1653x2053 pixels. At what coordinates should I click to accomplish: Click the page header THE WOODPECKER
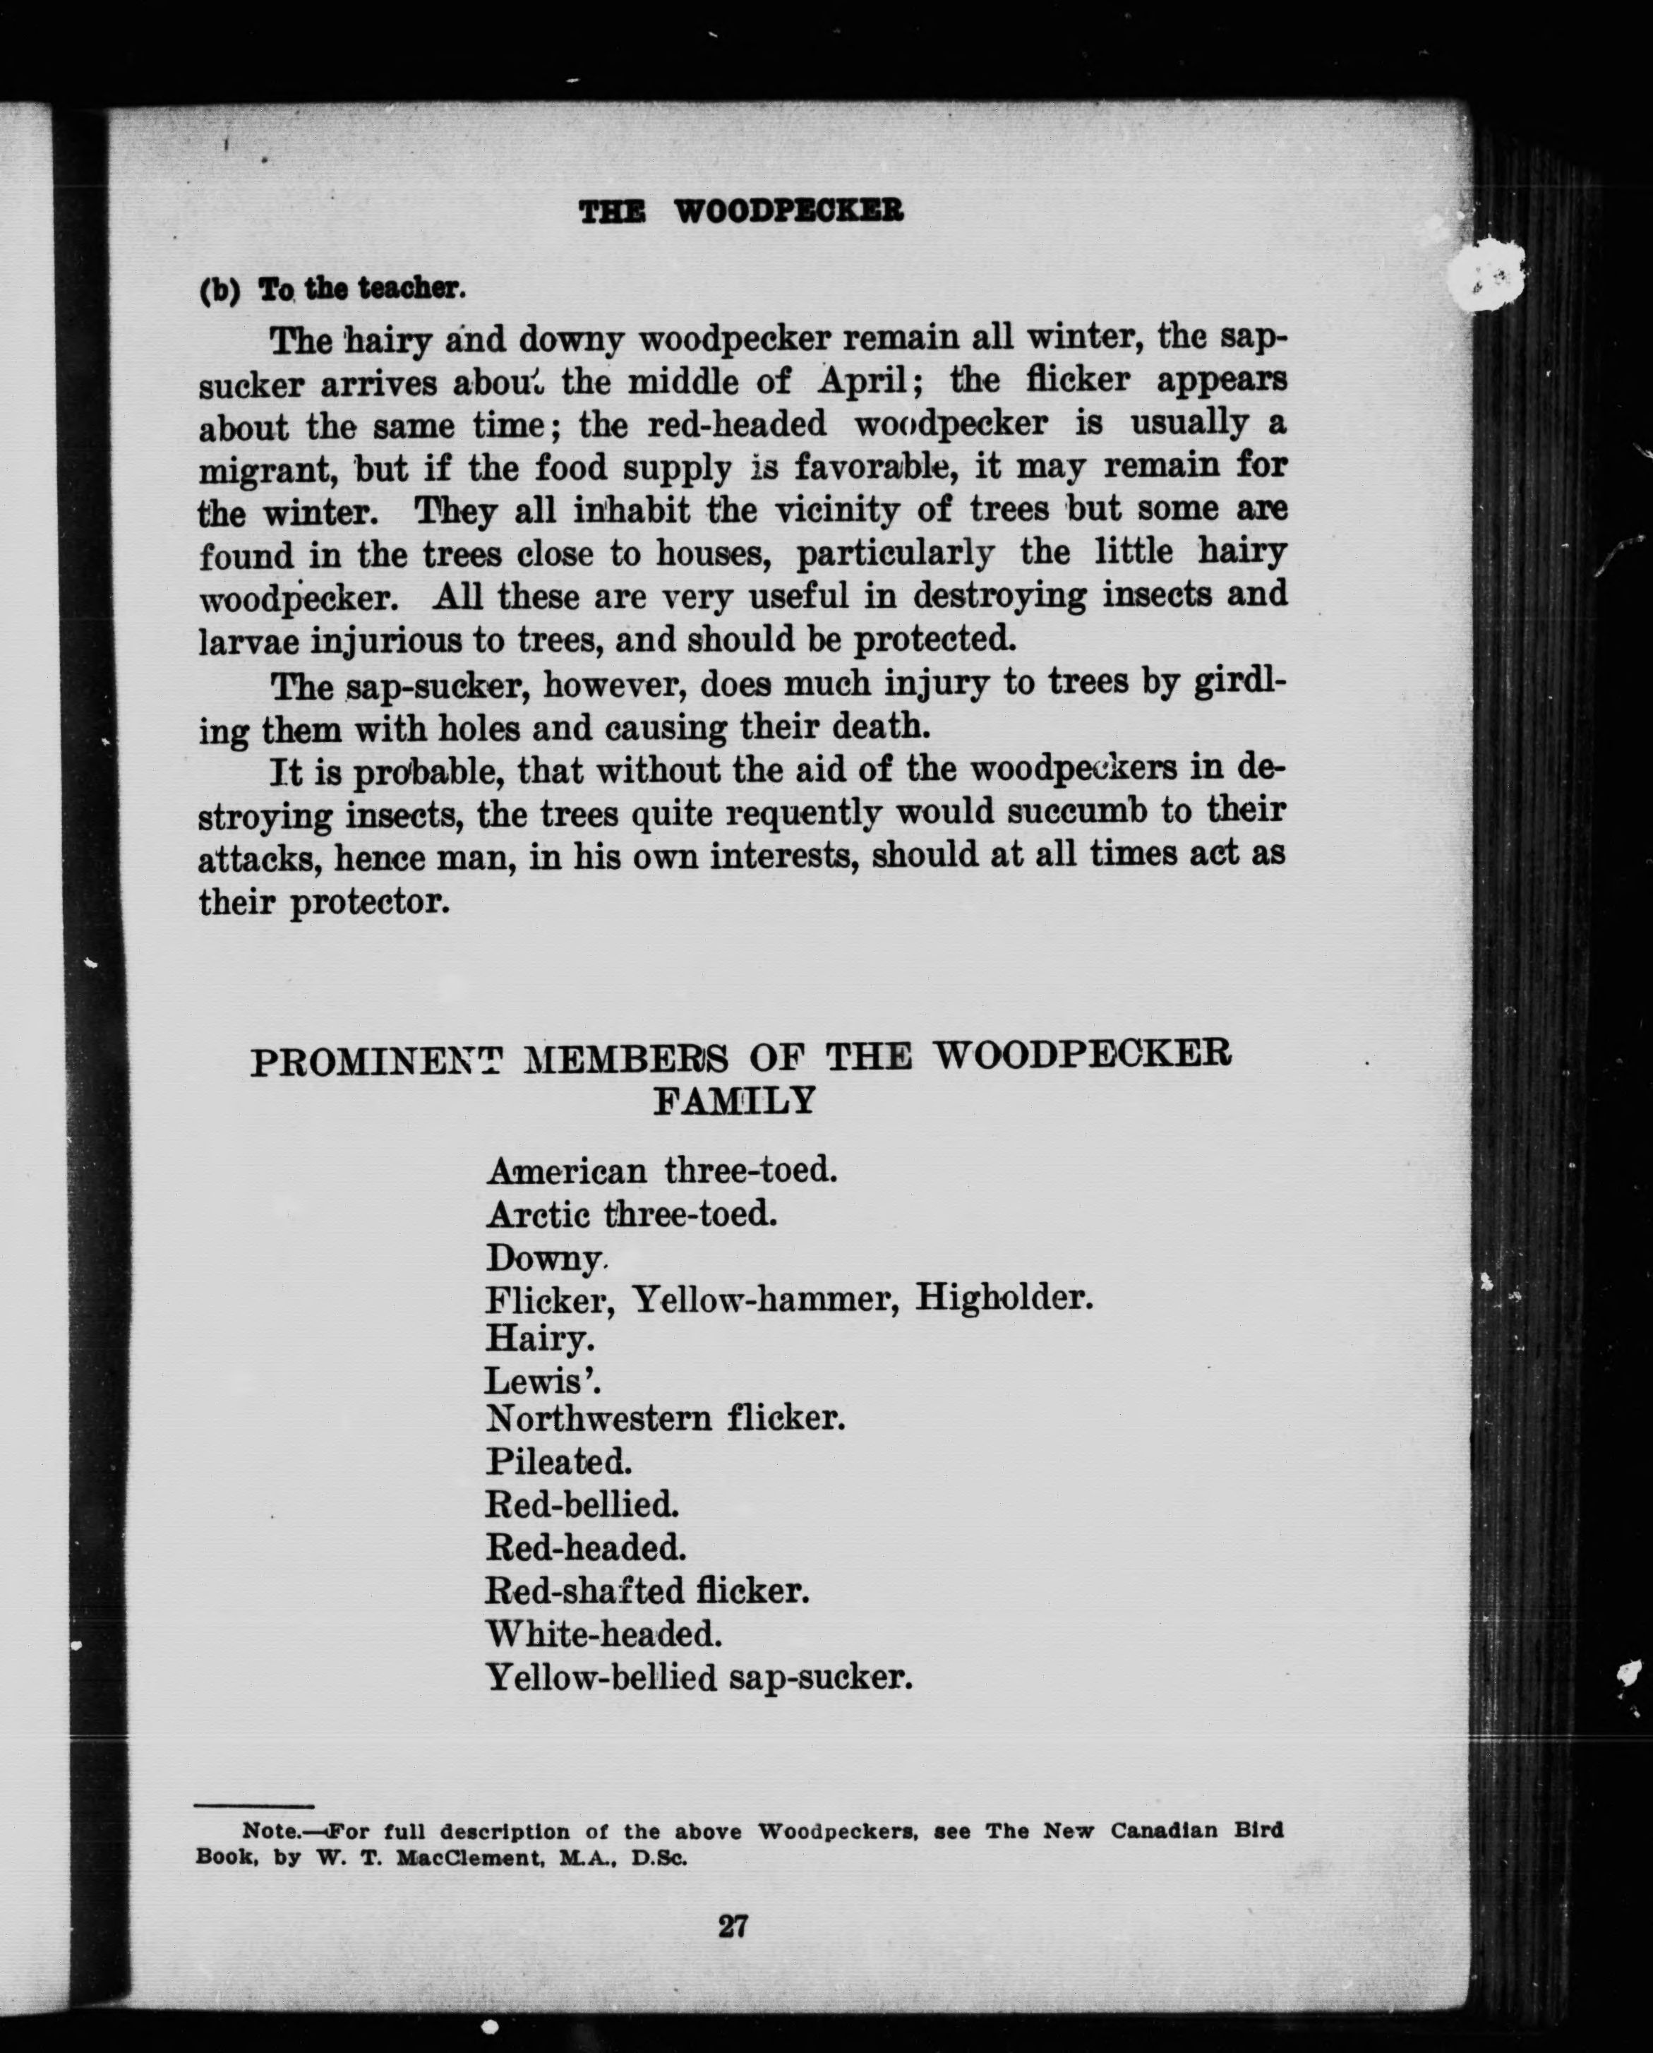point(741,210)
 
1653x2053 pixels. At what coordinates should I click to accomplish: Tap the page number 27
point(732,1927)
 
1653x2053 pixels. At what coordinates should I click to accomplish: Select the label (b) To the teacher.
point(331,289)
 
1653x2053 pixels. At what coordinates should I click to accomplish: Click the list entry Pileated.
point(559,1461)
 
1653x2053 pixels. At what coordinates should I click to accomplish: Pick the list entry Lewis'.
point(543,1379)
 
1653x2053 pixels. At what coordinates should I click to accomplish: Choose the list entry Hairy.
point(540,1339)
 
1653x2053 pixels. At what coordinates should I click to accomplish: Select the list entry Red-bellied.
point(582,1504)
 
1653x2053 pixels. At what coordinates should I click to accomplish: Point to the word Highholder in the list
point(1004,1297)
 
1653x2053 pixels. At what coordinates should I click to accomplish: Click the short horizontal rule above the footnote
point(254,1804)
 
